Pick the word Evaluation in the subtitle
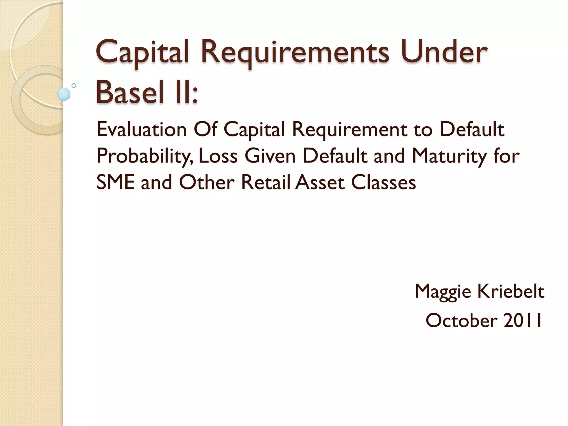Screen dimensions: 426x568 [141, 130]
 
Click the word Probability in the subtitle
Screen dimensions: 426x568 [144, 156]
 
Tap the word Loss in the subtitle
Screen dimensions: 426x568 [218, 156]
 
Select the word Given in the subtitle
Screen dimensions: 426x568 [270, 156]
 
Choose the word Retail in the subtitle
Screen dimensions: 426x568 [266, 182]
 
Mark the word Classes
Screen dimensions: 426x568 [384, 182]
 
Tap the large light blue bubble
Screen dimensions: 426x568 [64, 94]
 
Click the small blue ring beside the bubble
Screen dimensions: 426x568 [74, 85]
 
